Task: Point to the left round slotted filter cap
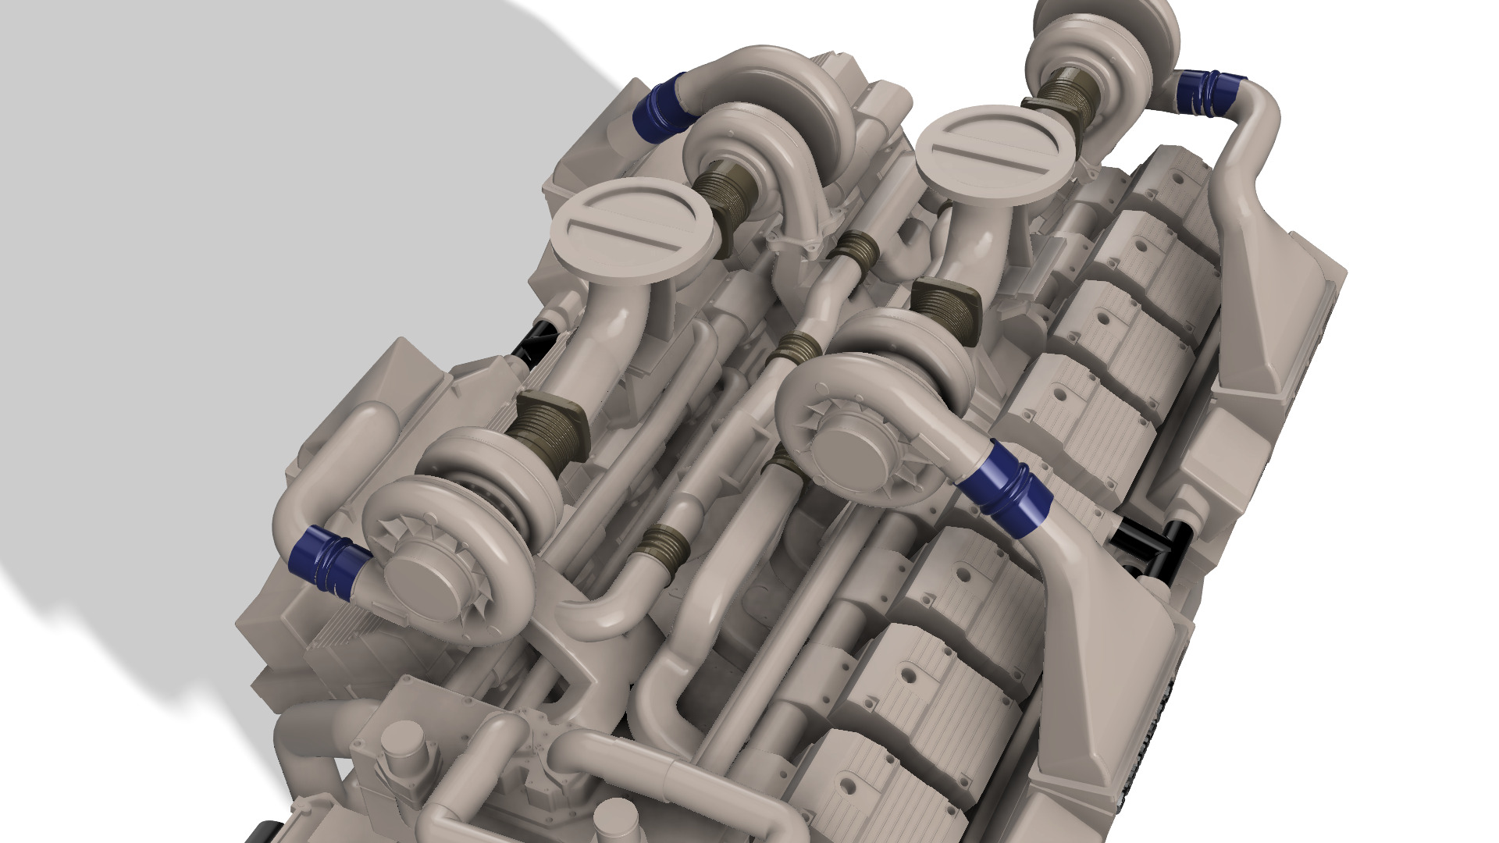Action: click(633, 226)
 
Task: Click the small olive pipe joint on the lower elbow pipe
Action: click(664, 546)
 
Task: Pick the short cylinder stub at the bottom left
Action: click(402, 745)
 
